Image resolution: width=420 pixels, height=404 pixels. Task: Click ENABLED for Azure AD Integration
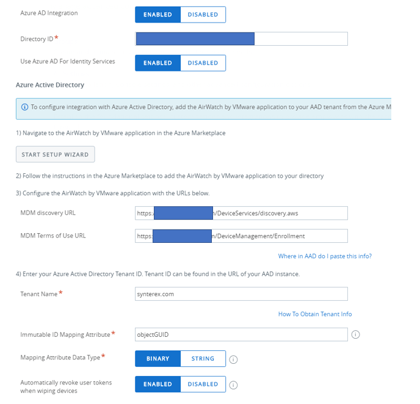tap(157, 15)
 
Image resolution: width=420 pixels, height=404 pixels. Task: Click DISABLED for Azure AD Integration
tap(203, 15)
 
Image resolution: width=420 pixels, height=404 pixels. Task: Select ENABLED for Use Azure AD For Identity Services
tap(157, 63)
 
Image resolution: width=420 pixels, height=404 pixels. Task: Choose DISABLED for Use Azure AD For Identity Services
tap(203, 63)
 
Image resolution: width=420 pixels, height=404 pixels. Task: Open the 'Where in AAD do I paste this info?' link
tap(325, 256)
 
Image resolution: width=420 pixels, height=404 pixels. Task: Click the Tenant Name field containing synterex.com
tap(241, 294)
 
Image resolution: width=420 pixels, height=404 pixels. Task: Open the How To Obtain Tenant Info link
tap(315, 314)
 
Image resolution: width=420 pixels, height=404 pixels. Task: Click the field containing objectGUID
tap(241, 334)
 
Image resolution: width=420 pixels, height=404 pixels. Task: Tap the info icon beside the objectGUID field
tap(356, 334)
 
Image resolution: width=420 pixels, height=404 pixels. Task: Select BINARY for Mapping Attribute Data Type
tap(157, 359)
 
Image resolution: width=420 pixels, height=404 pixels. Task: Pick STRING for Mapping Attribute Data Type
tap(203, 359)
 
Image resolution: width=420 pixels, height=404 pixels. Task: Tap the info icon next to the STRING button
tap(233, 359)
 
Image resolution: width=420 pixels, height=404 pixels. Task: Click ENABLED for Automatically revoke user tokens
tap(157, 384)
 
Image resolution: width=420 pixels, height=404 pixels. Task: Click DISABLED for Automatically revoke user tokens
tap(203, 384)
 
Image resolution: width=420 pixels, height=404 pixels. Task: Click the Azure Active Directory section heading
tap(50, 85)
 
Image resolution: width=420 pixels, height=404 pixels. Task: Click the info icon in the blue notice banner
tap(25, 107)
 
